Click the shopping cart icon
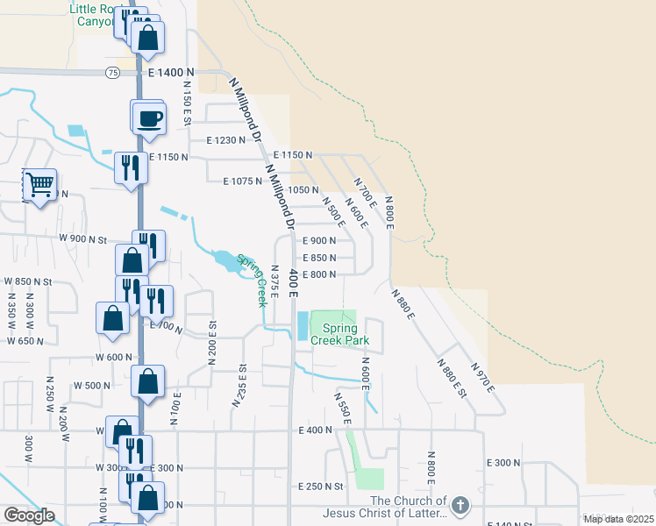[x=39, y=185]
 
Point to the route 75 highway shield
[x=112, y=72]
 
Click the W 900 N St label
[x=82, y=238]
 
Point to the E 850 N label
[x=319, y=258]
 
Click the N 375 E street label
[x=275, y=281]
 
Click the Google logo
[x=28, y=515]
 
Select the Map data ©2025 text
[x=617, y=519]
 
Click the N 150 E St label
[x=187, y=105]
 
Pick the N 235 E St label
[x=239, y=386]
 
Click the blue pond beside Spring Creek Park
[x=303, y=327]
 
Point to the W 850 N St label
[x=28, y=281]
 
